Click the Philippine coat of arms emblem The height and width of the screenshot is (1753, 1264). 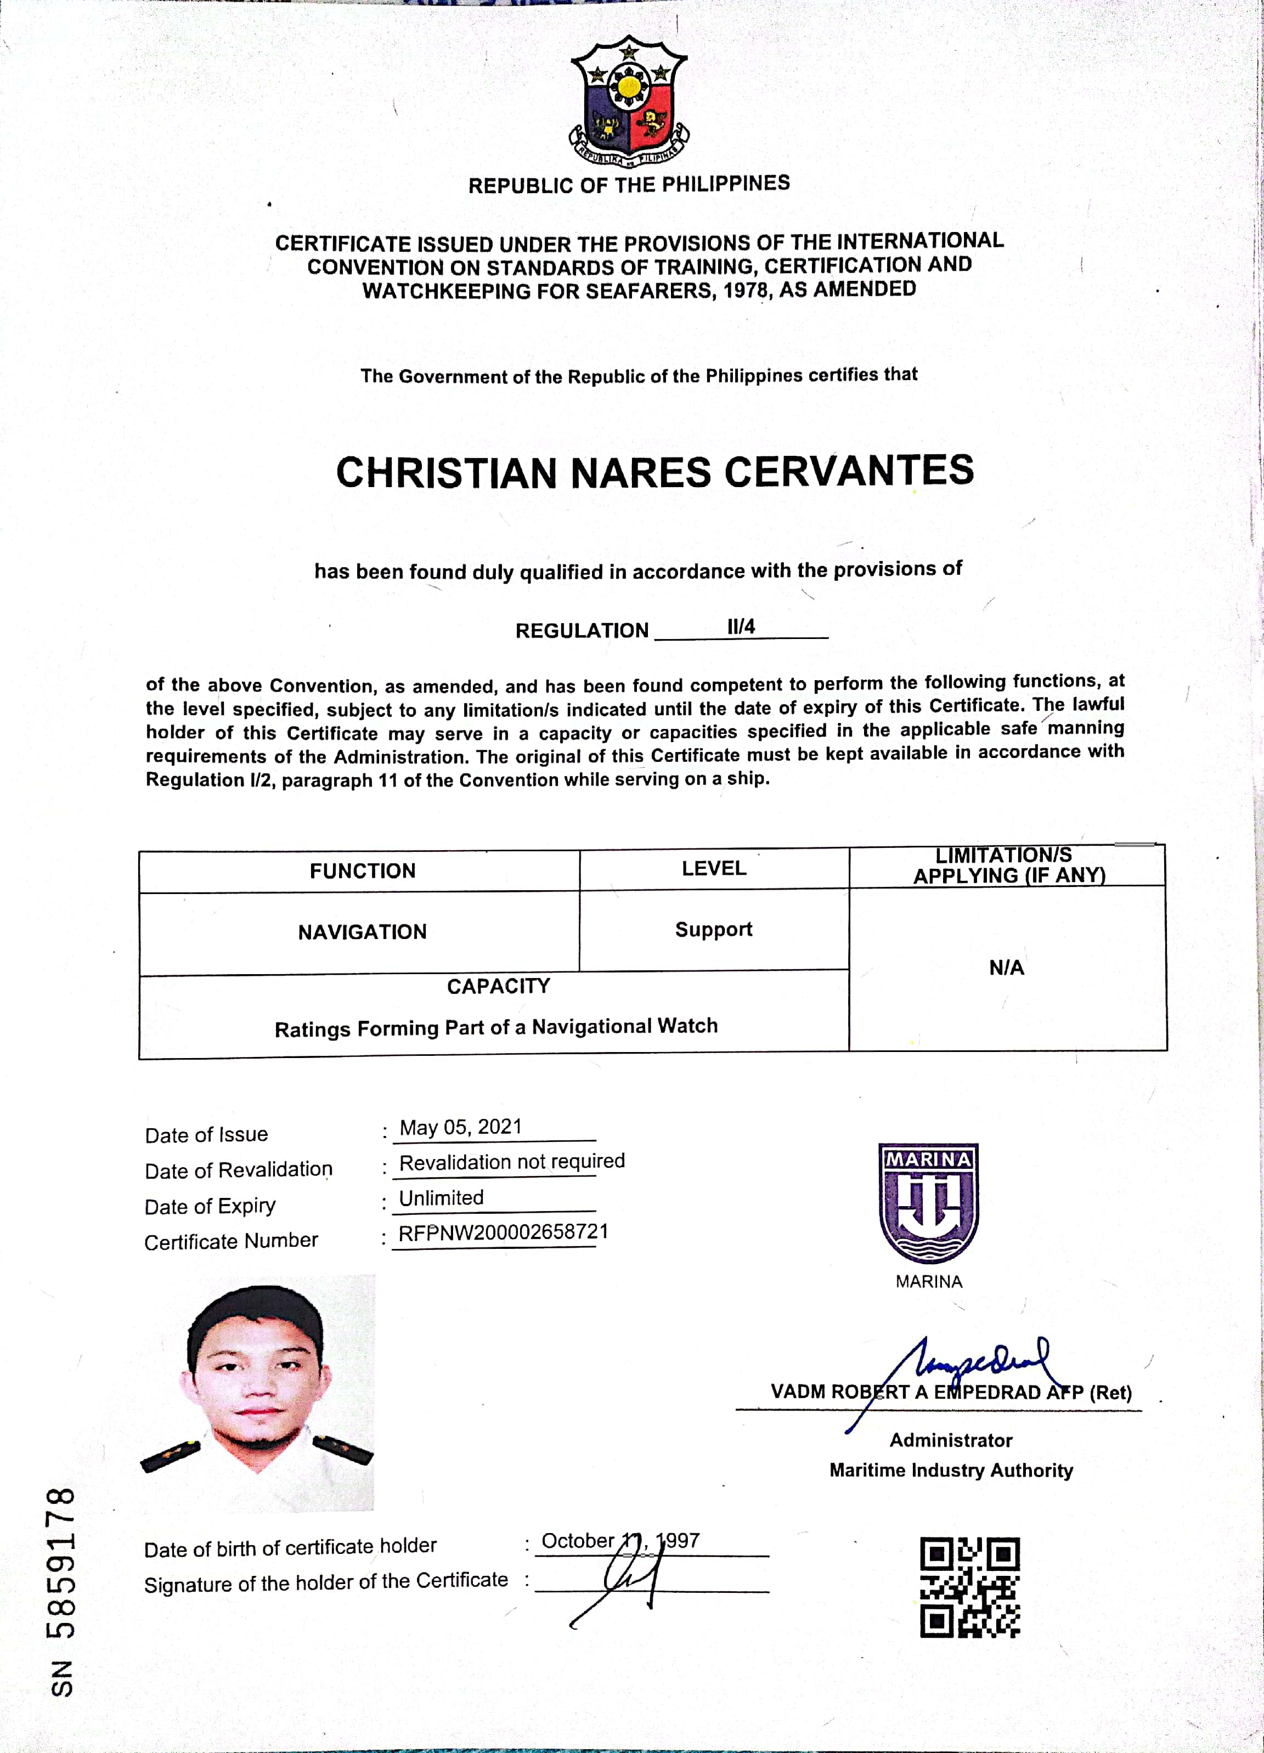[629, 100]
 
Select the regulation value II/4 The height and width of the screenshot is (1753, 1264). [741, 627]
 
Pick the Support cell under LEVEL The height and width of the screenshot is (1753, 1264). [714, 929]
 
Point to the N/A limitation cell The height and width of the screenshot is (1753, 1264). [1007, 968]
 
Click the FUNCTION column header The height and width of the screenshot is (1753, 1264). [363, 871]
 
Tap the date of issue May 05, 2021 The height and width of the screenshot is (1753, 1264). [461, 1127]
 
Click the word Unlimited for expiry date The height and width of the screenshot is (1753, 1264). [442, 1198]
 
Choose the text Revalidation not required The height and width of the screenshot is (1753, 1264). [512, 1162]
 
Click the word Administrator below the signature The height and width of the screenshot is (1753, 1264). [951, 1440]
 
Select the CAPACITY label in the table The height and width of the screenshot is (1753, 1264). [499, 986]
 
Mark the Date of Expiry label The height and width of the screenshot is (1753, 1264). [210, 1206]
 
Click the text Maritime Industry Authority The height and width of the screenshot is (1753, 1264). [951, 1470]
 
